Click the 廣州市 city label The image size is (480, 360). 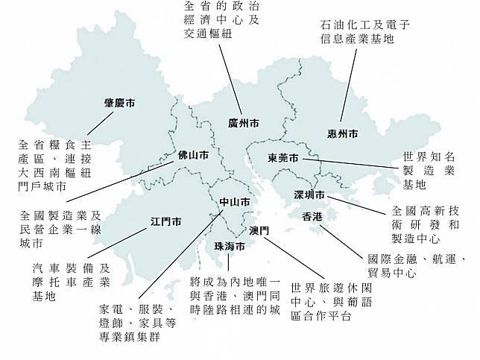coord(244,123)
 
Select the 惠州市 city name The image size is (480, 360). coord(343,134)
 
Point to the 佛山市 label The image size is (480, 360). coord(192,156)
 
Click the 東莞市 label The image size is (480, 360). coord(283,159)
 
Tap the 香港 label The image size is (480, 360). coord(312,217)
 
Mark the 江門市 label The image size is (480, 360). coord(166,221)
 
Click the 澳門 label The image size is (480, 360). coord(259,230)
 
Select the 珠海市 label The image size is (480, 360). coord(229,247)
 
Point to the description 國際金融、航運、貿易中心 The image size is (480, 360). coord(416,266)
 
